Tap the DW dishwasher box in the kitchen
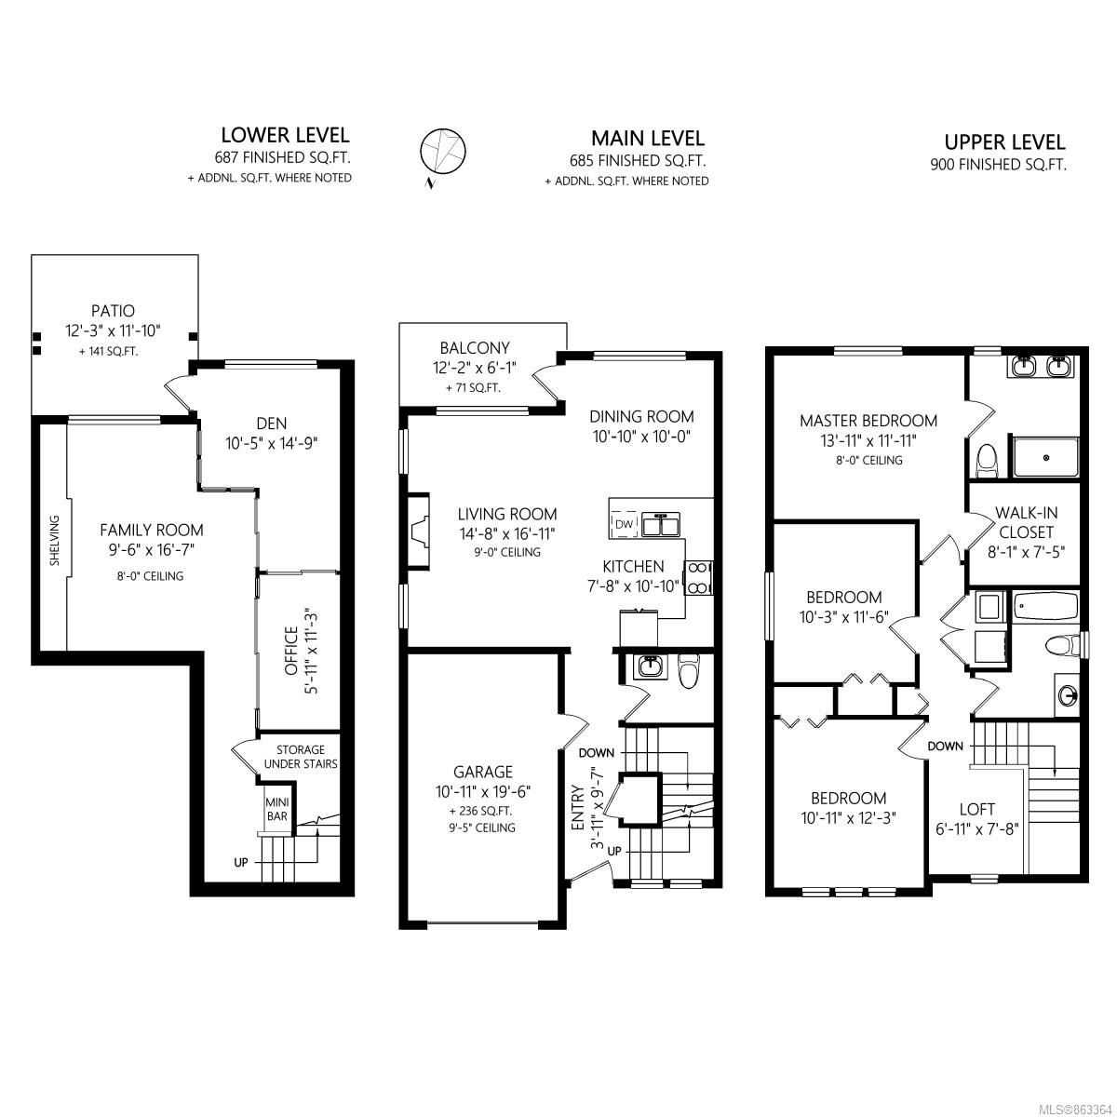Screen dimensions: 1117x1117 pos(624,525)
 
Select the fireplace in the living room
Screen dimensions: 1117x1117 pos(419,531)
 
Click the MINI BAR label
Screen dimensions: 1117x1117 pos(277,809)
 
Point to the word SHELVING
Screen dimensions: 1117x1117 pos(55,540)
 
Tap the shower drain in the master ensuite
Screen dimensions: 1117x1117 pos(1046,458)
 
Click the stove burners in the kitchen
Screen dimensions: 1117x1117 pos(698,577)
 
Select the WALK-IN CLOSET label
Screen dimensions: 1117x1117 pos(1026,522)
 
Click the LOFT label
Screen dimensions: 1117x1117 pos(977,809)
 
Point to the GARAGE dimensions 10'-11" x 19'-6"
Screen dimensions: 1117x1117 pos(483,792)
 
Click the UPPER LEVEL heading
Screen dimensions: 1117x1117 pos(1004,142)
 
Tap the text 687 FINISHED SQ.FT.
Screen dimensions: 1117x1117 pos(282,157)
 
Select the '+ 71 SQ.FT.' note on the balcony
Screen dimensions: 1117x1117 pos(473,388)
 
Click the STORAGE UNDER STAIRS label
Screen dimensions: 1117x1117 pos(301,757)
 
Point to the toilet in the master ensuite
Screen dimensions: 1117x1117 pos(986,460)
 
